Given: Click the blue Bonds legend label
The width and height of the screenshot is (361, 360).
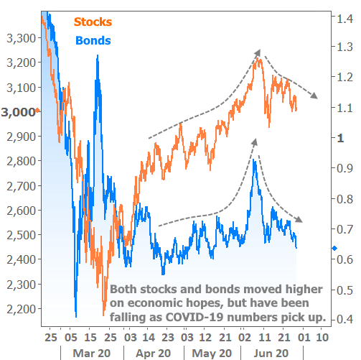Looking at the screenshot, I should point(93,40).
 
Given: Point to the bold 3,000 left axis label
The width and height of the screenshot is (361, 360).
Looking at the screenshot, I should point(17,112).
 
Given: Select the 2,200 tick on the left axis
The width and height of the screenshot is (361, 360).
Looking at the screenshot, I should point(19,309).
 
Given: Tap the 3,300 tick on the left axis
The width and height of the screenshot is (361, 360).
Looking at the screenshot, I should point(19,37).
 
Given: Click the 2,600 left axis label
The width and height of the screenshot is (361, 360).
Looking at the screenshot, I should point(19,211).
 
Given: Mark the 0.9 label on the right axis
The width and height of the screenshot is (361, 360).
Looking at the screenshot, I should point(343,168).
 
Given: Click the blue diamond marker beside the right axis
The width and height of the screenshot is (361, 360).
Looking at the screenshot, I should point(334,249).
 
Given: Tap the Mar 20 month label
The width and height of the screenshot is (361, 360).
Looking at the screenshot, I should point(91,353).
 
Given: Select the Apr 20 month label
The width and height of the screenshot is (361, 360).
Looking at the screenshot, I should point(153,353).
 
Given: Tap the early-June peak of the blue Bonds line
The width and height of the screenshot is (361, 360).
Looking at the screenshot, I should point(253,161).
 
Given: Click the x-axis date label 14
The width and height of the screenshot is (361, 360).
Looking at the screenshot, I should point(146,336).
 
